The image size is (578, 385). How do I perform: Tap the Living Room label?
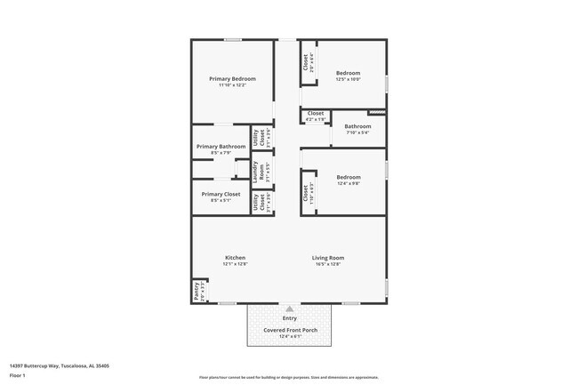pyautogui.click(x=327, y=257)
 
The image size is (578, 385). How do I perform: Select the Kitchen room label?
pyautogui.click(x=235, y=257)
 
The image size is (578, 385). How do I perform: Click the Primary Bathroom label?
pyautogui.click(x=221, y=146)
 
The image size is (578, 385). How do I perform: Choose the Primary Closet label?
pyautogui.click(x=221, y=194)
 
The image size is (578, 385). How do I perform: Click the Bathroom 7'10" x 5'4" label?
pyautogui.click(x=358, y=126)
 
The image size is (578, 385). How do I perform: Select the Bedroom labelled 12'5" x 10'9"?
pyautogui.click(x=348, y=73)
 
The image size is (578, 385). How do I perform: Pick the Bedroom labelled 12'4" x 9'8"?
pyautogui.click(x=348, y=177)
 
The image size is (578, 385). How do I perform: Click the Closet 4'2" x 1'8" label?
pyautogui.click(x=316, y=114)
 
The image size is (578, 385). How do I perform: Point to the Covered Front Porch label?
pyautogui.click(x=290, y=329)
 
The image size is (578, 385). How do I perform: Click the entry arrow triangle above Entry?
pyautogui.click(x=289, y=309)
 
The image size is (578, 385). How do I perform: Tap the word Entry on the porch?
pyautogui.click(x=290, y=317)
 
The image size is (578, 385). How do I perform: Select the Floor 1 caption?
pyautogui.click(x=18, y=375)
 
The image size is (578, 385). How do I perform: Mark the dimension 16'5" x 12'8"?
pyautogui.click(x=327, y=264)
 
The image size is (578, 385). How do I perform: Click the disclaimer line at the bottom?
pyautogui.click(x=288, y=377)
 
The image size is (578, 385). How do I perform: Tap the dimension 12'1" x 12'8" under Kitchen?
pyautogui.click(x=235, y=264)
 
